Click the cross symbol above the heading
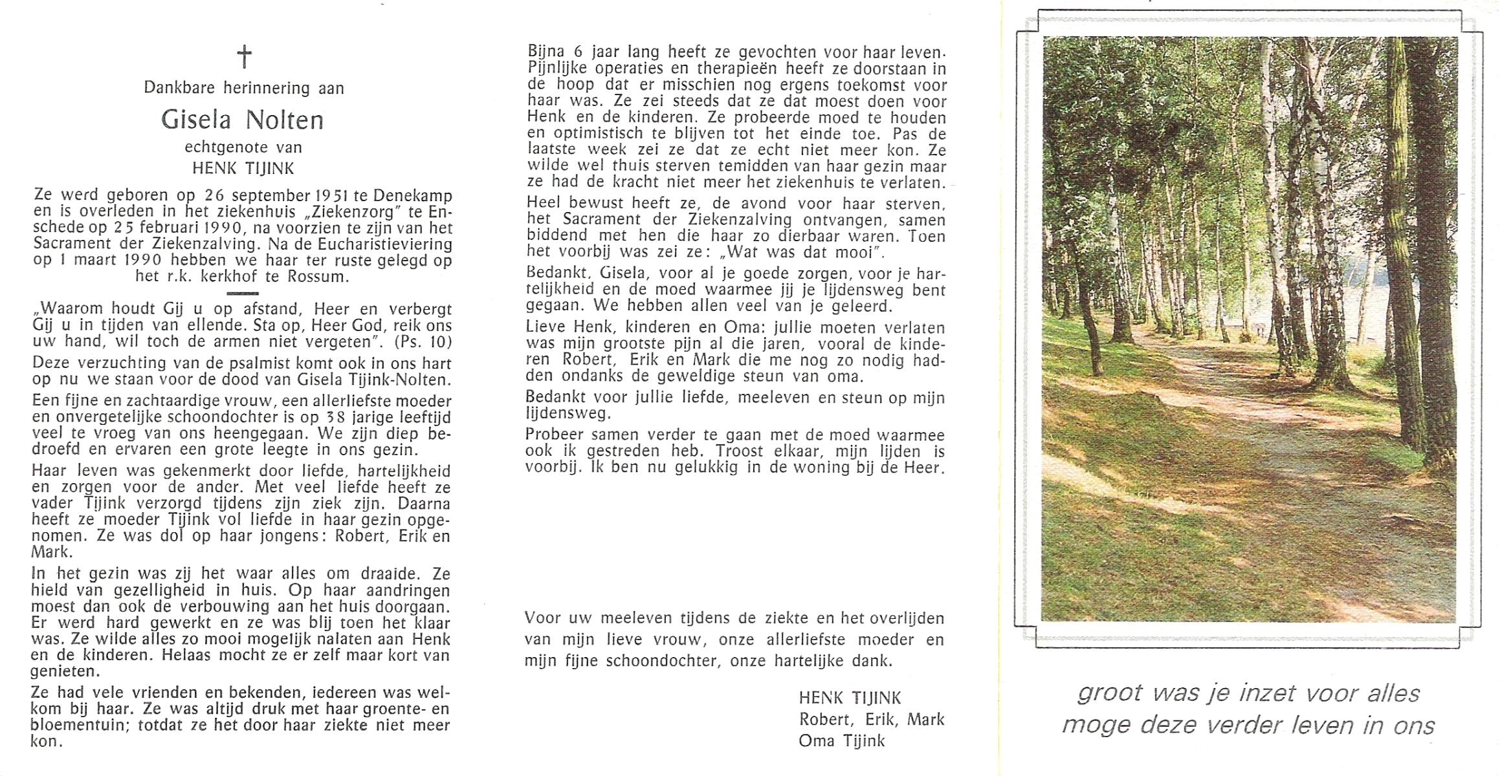point(244,56)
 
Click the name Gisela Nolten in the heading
point(242,120)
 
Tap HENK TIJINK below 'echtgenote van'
point(243,169)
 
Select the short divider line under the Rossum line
point(243,293)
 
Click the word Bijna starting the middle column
point(546,52)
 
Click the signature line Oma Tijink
point(841,740)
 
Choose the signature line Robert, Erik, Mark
point(871,719)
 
